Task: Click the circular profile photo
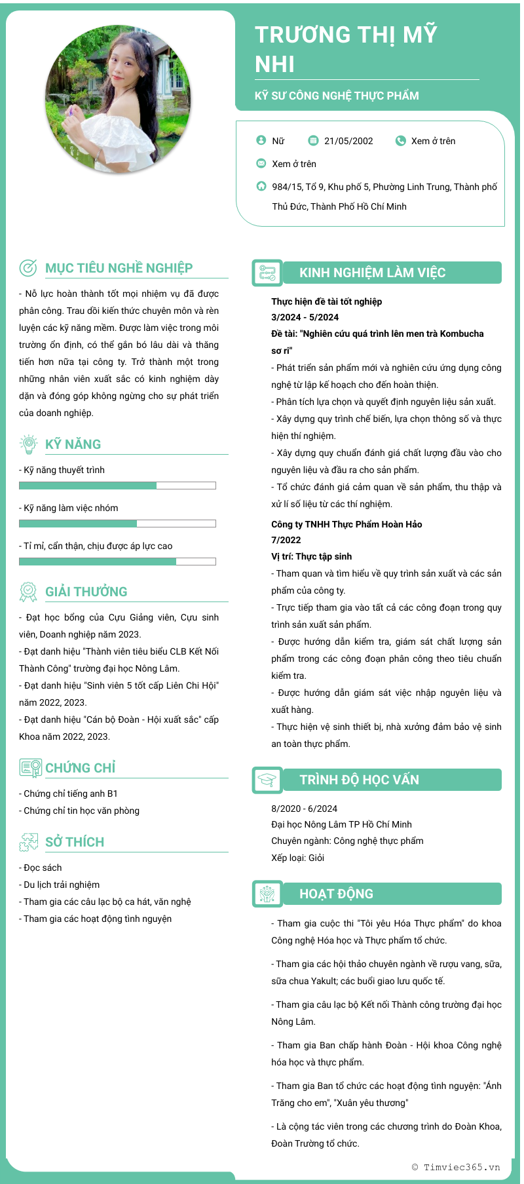pos(119,99)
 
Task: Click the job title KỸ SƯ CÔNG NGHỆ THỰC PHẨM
pos(337,96)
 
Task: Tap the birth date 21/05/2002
pos(348,141)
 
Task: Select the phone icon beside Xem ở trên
pos(400,140)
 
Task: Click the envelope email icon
pos(261,163)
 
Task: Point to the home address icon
pos(261,186)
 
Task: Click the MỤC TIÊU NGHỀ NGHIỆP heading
pos(119,268)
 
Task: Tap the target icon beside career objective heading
pos(28,267)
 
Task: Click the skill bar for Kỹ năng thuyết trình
pos(117,486)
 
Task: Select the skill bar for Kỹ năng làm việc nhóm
pos(117,524)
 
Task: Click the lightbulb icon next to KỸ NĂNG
pos(28,444)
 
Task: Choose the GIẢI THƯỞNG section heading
pos(86,592)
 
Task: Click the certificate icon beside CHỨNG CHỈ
pos(30,768)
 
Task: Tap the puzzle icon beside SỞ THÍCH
pos(28,842)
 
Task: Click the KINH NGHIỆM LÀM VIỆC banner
pos(392,273)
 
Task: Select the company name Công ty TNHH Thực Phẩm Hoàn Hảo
pos(346,524)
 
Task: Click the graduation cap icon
pos(267,780)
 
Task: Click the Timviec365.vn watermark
pos(456,1167)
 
